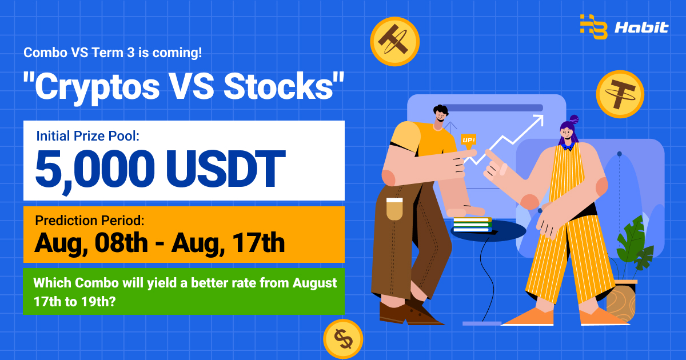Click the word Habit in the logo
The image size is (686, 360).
coord(641,27)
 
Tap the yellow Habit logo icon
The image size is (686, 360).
coord(594,27)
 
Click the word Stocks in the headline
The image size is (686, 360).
coord(279,87)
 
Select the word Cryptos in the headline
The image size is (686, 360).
coord(97,89)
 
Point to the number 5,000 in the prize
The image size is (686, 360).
coord(95,170)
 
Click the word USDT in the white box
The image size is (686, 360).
coord(226,169)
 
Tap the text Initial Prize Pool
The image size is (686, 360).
coord(87,136)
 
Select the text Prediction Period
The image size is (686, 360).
coord(89,221)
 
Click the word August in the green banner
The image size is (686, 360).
coord(314,283)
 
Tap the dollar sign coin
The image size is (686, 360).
coord(343,339)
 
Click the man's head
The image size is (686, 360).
coord(440,113)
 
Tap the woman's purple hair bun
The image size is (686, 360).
coord(574,119)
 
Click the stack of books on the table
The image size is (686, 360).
coord(473,225)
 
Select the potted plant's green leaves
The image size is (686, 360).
coord(634,245)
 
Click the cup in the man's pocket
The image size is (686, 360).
coord(394,209)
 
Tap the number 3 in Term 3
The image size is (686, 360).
coord(130,53)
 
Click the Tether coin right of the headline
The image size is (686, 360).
coord(620,94)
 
